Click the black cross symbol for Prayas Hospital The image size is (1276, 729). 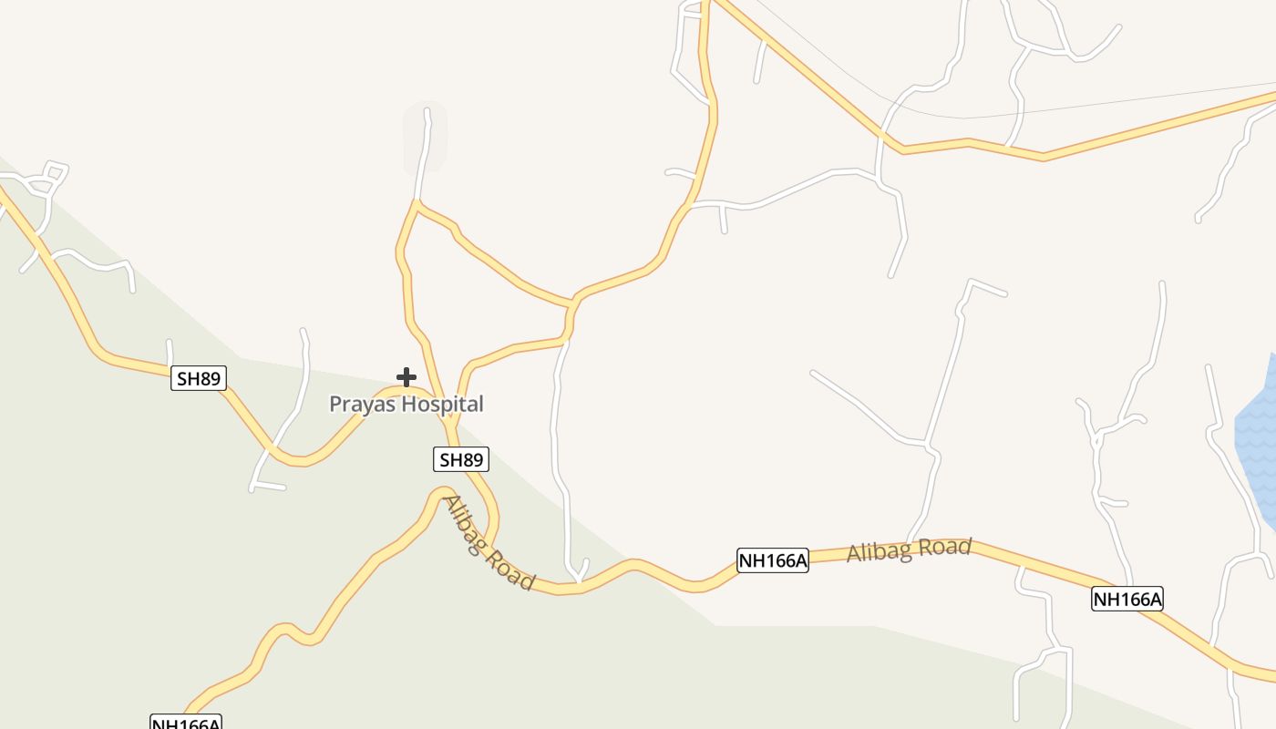coord(406,376)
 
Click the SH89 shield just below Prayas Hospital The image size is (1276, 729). coord(461,459)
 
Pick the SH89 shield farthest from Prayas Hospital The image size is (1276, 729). coord(199,378)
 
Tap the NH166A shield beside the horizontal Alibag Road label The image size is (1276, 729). coord(773,560)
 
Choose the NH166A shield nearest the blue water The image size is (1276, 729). coord(1127,599)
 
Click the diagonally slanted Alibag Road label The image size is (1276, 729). coord(489,542)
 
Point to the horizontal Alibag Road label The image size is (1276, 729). coord(909,549)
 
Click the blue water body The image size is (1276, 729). coord(1258,437)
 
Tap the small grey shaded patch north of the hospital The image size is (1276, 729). coord(425,137)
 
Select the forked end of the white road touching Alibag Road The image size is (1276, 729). coord(579,571)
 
